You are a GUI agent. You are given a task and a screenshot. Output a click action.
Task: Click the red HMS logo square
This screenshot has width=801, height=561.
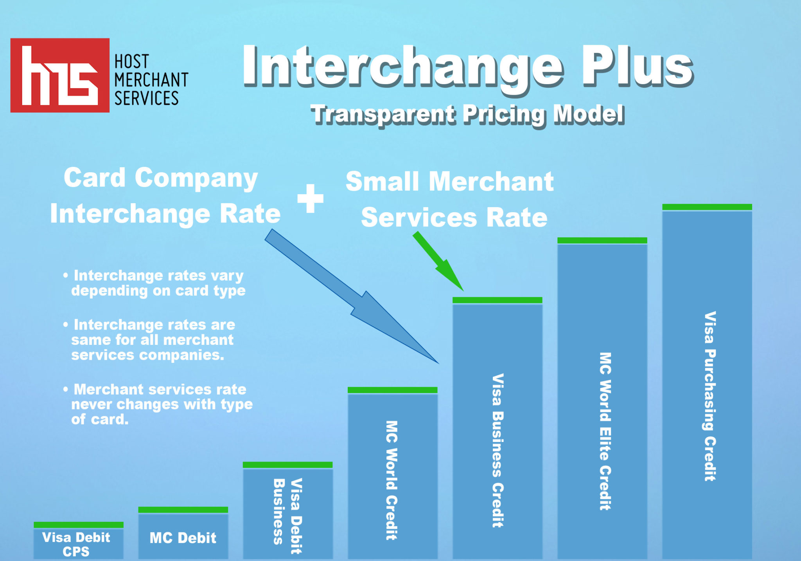pyautogui.click(x=60, y=75)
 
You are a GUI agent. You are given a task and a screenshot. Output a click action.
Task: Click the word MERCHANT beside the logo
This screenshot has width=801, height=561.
pyautogui.click(x=151, y=80)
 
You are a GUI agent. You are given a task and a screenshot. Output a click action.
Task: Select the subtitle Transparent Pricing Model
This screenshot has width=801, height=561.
pyautogui.click(x=467, y=115)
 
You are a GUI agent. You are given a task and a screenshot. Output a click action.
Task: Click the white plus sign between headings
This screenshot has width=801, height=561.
pyautogui.click(x=311, y=198)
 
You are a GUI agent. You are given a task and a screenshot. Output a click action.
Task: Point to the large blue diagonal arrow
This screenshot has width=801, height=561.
pyautogui.click(x=352, y=298)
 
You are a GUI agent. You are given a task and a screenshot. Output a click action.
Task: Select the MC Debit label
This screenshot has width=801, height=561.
pyautogui.click(x=183, y=538)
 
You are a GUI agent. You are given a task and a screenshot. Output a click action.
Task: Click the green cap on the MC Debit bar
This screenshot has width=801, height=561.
pyautogui.click(x=183, y=510)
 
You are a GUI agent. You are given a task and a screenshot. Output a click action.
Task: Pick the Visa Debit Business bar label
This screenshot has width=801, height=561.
pyautogui.click(x=287, y=516)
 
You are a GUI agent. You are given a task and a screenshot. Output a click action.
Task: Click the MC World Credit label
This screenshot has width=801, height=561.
pyautogui.click(x=392, y=480)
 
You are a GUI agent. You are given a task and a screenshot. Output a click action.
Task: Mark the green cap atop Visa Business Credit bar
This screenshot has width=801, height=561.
pyautogui.click(x=497, y=300)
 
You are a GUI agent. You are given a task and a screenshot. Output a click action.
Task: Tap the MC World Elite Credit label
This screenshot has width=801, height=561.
pyautogui.click(x=605, y=431)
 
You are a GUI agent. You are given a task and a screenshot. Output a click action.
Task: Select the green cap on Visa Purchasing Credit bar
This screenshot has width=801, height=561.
pyautogui.click(x=707, y=207)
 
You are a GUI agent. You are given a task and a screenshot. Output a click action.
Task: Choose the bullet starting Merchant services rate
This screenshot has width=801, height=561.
pyautogui.click(x=160, y=404)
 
